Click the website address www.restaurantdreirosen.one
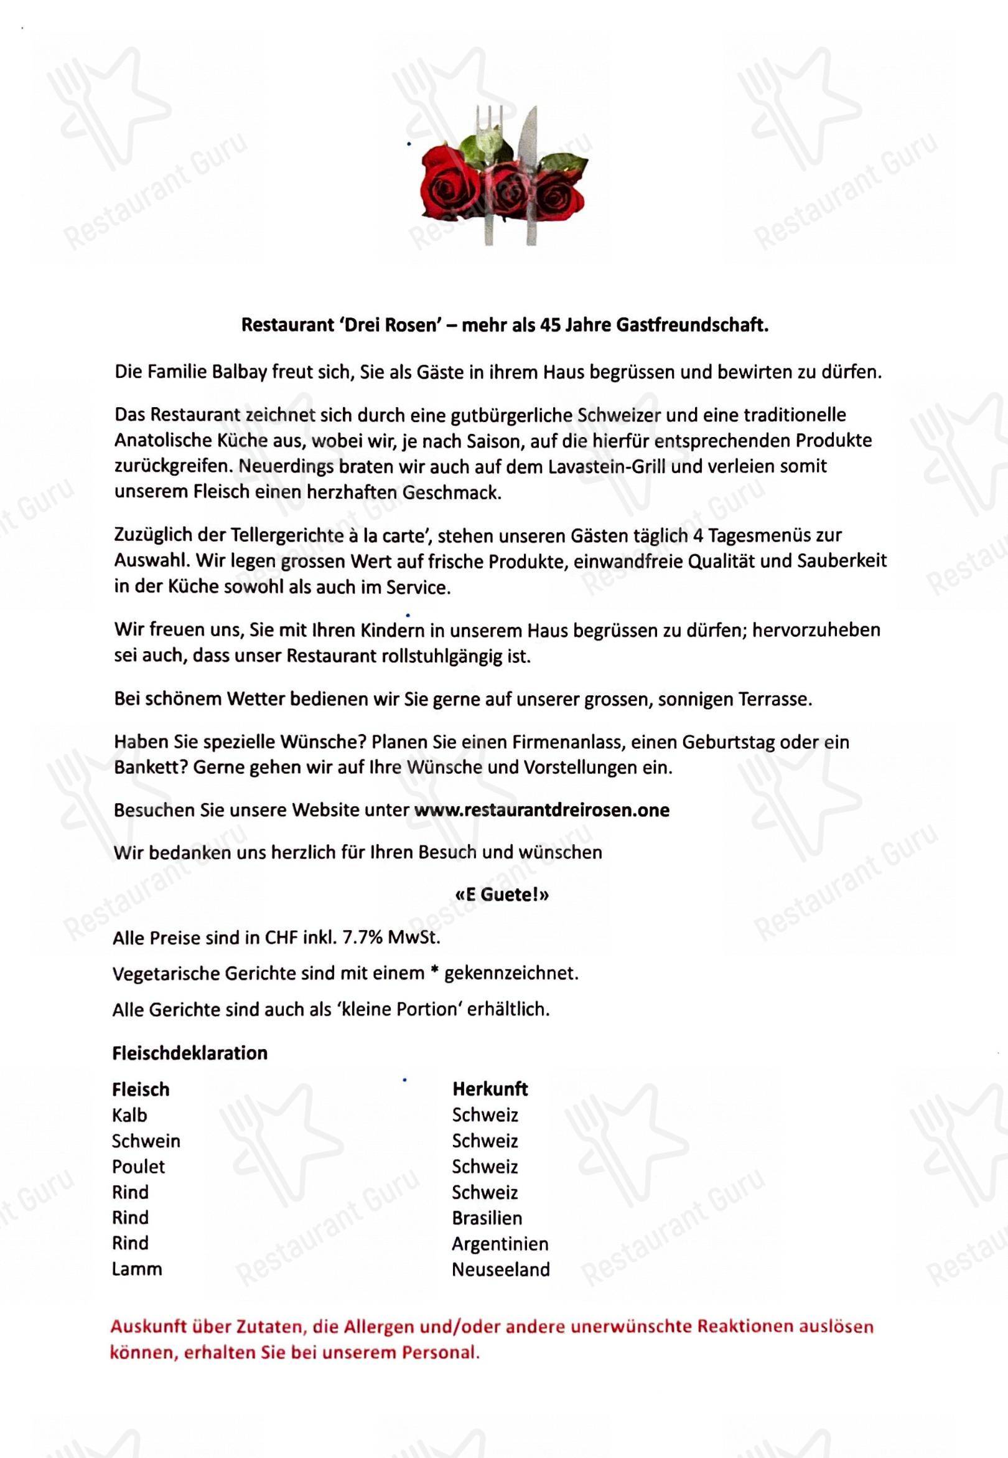pyautogui.click(x=541, y=810)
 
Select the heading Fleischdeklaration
pyautogui.click(x=190, y=1053)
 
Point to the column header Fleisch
pyautogui.click(x=140, y=1089)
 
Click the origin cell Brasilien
pyautogui.click(x=487, y=1217)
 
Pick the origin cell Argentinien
pyautogui.click(x=500, y=1243)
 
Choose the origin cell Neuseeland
pyautogui.click(x=500, y=1269)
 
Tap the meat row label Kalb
pyautogui.click(x=129, y=1115)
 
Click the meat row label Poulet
pyautogui.click(x=138, y=1166)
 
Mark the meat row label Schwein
pyautogui.click(x=146, y=1141)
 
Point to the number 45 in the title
pyautogui.click(x=546, y=326)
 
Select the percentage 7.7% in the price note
pyautogui.click(x=362, y=938)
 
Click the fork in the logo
pyautogui.click(x=490, y=171)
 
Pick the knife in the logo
pyautogui.click(x=530, y=171)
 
